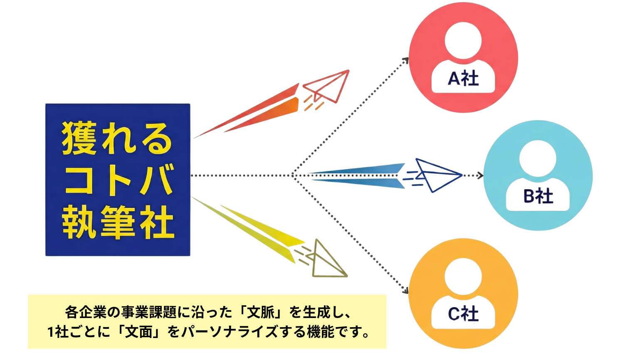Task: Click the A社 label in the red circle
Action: [x=463, y=78]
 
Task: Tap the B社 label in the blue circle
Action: [x=538, y=196]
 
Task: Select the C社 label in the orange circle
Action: [x=463, y=314]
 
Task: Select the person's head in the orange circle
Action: [x=463, y=277]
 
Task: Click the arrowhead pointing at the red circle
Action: [x=406, y=61]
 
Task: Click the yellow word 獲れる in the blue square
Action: [x=117, y=138]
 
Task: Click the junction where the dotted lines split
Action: [x=293, y=175]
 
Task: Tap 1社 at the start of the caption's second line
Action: [x=57, y=332]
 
